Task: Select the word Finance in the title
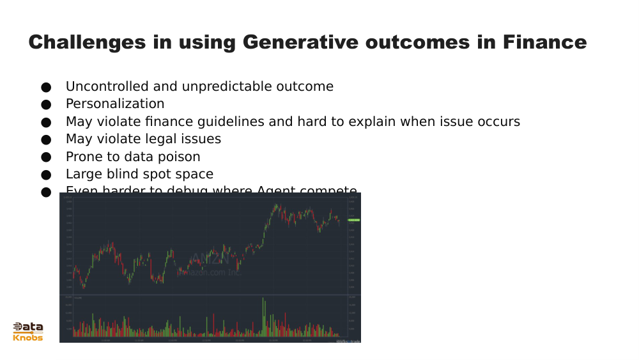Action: coord(544,42)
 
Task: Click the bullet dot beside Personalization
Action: coord(45,104)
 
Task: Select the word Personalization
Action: coord(115,104)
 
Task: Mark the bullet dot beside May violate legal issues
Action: coord(45,139)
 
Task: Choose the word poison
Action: coord(179,157)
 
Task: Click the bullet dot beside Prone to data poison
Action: coord(45,157)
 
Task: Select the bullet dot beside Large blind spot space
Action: coord(45,175)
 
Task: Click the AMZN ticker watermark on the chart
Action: coord(210,259)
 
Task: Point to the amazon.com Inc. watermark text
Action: coord(208,272)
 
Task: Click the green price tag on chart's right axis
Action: coord(353,220)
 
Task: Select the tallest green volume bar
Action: coord(263,317)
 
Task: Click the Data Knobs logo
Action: coord(28,331)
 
